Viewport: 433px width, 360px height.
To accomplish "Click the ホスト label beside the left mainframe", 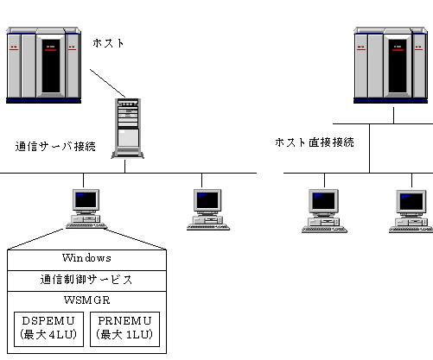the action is click(x=108, y=43).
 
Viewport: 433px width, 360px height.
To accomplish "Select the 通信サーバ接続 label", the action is click(x=55, y=147).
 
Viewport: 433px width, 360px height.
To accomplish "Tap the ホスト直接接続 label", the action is click(x=315, y=142).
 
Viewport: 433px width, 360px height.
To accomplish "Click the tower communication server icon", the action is click(x=128, y=129).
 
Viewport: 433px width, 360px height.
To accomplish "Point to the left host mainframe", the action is click(x=43, y=66).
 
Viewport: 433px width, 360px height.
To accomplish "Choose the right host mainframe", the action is click(x=391, y=66).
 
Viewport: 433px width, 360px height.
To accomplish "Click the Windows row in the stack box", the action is click(x=86, y=260).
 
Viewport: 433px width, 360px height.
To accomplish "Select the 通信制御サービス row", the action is click(x=86, y=281).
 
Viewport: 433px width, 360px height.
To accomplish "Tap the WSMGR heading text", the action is click(x=87, y=300).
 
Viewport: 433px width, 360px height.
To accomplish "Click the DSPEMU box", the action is click(x=48, y=329).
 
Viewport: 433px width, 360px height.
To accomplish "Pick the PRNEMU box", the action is click(x=124, y=329).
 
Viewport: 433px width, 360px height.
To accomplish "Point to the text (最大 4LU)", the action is click(x=48, y=334).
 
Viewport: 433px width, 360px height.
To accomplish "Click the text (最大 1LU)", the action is click(x=124, y=334).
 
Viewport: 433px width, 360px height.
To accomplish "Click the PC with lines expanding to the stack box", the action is click(x=86, y=209).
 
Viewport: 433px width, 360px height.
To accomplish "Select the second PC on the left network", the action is click(x=208, y=210).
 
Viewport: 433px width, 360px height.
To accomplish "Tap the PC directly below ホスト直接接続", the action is click(x=324, y=211).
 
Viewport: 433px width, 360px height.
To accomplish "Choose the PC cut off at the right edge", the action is click(x=411, y=212).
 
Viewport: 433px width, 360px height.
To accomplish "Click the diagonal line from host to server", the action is click(x=108, y=83).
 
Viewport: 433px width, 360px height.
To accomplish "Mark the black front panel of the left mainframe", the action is click(x=51, y=66).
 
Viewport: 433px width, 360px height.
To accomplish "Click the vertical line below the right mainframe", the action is click(x=393, y=116).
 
